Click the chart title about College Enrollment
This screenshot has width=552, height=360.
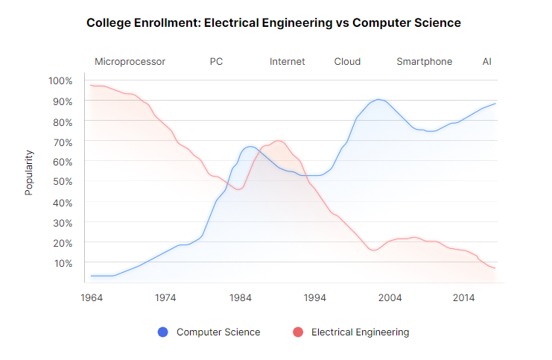click(273, 22)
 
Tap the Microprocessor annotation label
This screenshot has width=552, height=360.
click(130, 61)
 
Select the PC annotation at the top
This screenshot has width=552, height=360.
click(216, 61)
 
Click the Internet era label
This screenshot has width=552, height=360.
click(287, 61)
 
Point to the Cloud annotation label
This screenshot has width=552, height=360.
click(347, 61)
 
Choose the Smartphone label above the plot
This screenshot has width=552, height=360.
click(424, 61)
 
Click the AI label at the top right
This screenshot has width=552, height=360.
click(486, 61)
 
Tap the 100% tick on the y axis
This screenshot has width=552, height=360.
click(60, 80)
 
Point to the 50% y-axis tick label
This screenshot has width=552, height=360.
click(61, 182)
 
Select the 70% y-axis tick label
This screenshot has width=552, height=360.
click(61, 141)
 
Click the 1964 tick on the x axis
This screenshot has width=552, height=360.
click(91, 297)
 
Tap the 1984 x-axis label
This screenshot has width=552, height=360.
click(240, 297)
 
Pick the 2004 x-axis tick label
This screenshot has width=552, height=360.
click(390, 297)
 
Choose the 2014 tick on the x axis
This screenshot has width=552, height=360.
click(464, 297)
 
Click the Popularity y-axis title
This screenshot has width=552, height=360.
click(29, 172)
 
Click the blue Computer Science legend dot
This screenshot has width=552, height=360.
click(162, 332)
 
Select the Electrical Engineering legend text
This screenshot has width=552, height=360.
click(360, 332)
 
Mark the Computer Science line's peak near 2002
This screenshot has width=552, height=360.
click(378, 99)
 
